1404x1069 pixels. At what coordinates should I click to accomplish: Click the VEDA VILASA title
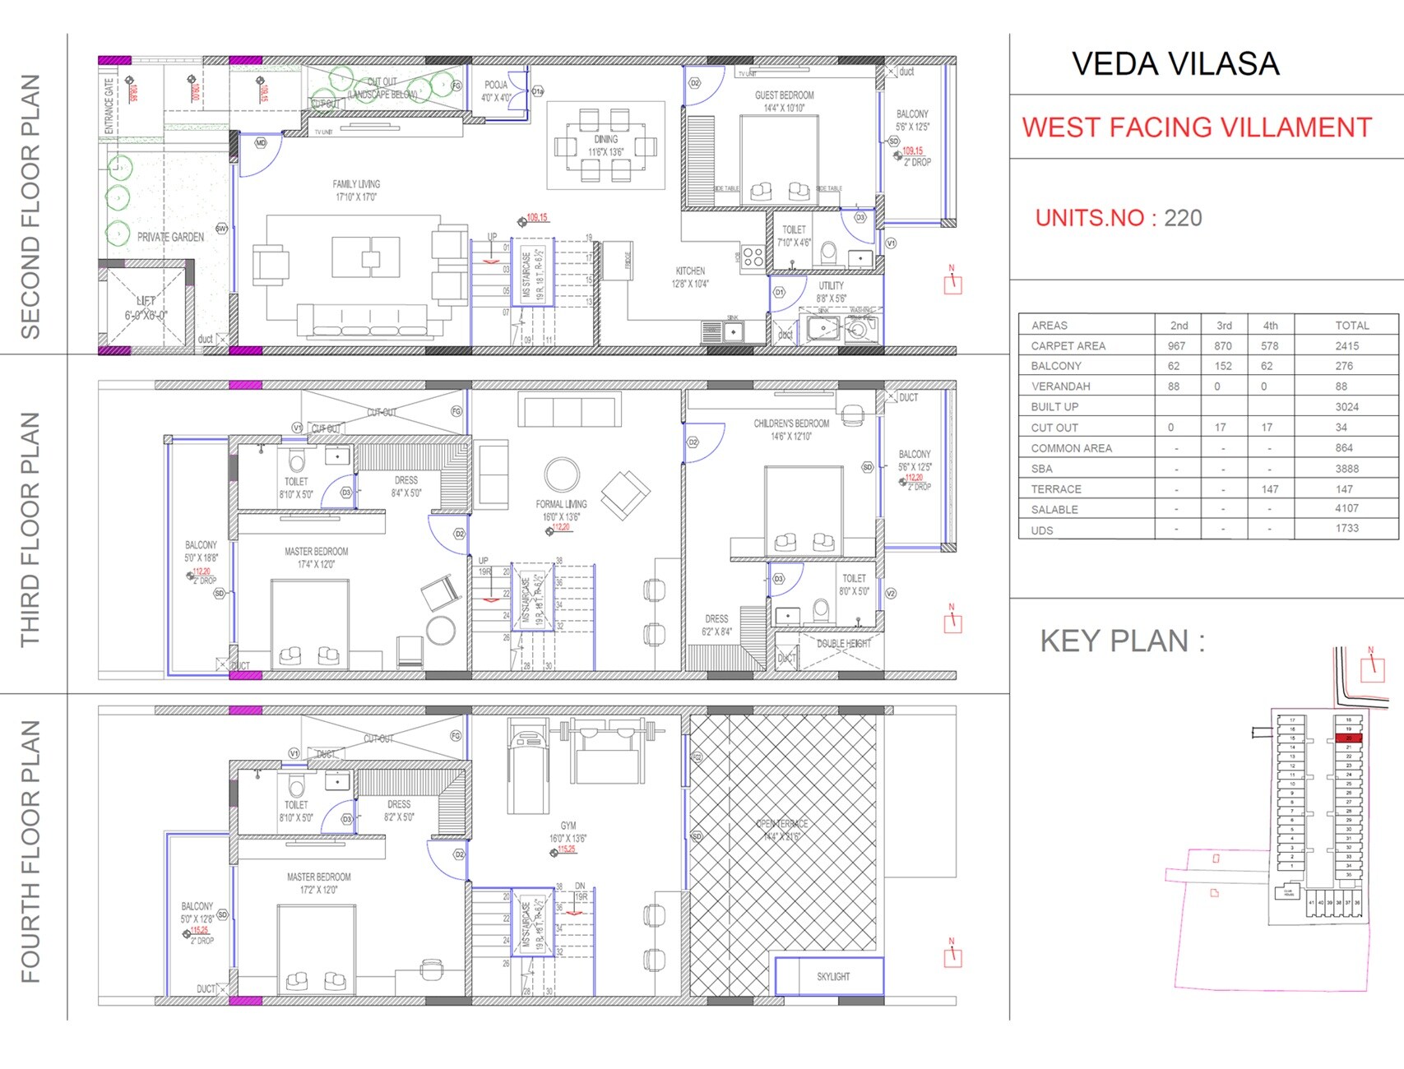1175,64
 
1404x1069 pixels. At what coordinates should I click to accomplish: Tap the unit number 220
1183,218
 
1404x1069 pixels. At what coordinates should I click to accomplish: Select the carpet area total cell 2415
1346,346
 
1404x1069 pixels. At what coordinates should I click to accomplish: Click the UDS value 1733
1346,529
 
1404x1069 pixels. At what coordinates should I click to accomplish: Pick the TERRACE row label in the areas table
1056,489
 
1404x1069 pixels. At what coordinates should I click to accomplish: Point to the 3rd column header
1223,326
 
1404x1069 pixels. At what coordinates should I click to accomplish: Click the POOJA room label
496,85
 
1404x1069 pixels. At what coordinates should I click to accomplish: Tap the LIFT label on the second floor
146,301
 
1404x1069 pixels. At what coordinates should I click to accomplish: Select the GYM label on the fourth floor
568,826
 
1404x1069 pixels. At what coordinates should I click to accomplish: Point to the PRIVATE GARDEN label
170,237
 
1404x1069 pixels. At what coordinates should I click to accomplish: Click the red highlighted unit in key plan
1348,738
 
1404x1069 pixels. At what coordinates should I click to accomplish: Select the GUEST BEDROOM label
784,95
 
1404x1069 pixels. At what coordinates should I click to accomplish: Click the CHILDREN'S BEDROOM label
791,423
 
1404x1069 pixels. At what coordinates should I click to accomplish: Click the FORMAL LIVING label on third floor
561,504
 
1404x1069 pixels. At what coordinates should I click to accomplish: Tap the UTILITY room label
831,286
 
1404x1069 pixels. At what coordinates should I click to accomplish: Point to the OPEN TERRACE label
781,824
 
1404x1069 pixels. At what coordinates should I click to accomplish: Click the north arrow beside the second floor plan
952,282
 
